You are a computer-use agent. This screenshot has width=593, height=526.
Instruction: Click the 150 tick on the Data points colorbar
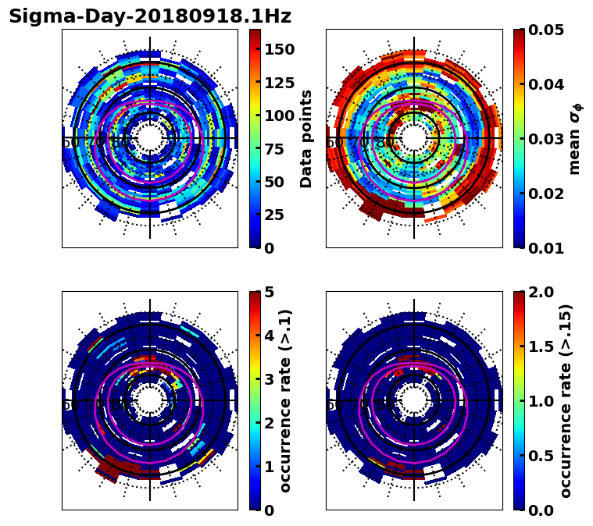click(x=280, y=49)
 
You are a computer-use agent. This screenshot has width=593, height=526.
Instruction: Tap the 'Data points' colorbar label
click(x=306, y=138)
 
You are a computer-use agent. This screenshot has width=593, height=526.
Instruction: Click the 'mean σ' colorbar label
click(x=575, y=139)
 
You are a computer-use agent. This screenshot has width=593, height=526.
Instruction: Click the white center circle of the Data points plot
click(x=150, y=139)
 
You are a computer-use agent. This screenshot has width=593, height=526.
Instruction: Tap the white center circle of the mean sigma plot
click(x=414, y=139)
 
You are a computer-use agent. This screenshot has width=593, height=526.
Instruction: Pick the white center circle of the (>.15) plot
click(x=414, y=400)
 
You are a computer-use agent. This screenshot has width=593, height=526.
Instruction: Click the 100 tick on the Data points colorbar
click(x=280, y=116)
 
